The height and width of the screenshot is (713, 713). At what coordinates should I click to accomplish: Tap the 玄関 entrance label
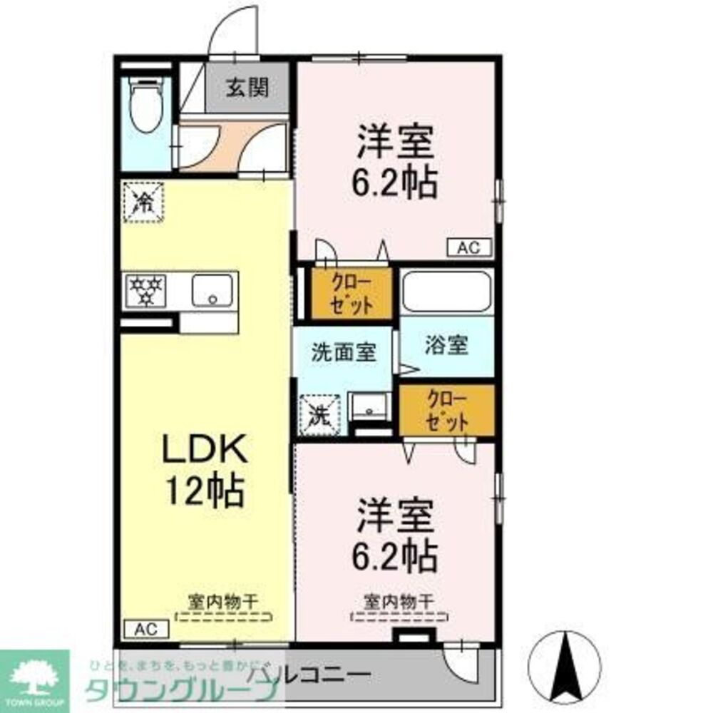pyautogui.click(x=247, y=88)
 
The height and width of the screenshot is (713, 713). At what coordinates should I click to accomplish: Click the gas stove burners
pyautogui.click(x=145, y=291)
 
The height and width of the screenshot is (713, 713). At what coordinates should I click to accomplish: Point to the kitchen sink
pyautogui.click(x=212, y=290)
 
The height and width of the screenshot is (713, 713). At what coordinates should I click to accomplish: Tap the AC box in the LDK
pyautogui.click(x=146, y=629)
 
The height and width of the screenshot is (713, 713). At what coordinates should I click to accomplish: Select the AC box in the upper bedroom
pyautogui.click(x=469, y=247)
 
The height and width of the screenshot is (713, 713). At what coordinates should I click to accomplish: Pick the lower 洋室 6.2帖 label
pyautogui.click(x=396, y=535)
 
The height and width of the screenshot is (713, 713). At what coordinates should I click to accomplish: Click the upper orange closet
pyautogui.click(x=352, y=293)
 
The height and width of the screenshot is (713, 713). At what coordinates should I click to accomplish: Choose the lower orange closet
pyautogui.click(x=446, y=410)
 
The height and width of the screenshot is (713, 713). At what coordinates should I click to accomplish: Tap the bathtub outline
pyautogui.click(x=446, y=292)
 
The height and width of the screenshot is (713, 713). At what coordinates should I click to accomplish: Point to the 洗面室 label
pyautogui.click(x=343, y=352)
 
